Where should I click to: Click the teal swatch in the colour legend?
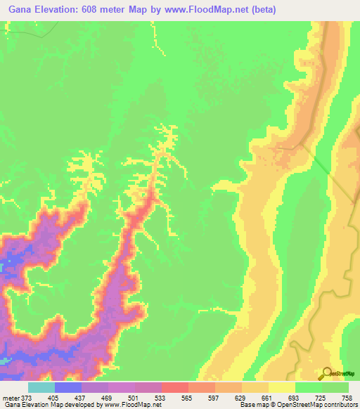click(x=41, y=387)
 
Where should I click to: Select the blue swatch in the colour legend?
click(x=68, y=387)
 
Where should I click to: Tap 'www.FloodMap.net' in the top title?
click(x=207, y=10)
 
